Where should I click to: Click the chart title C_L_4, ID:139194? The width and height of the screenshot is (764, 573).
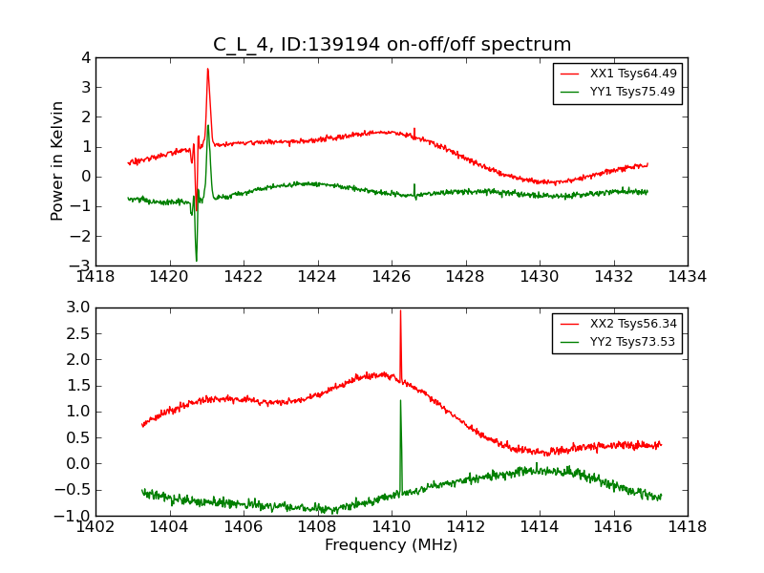(x=392, y=45)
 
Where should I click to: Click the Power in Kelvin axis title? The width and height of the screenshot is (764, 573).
(x=58, y=160)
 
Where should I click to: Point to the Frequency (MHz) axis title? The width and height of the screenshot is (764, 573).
(x=392, y=545)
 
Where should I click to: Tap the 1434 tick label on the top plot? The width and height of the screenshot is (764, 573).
(x=687, y=277)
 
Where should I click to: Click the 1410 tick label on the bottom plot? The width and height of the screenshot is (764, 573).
(x=392, y=526)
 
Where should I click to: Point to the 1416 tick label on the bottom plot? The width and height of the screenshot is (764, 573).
(x=613, y=526)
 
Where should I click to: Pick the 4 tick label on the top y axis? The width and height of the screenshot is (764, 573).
(x=86, y=58)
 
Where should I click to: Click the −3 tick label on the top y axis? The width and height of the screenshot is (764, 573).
(x=82, y=265)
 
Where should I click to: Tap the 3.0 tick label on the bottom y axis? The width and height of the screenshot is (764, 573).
(x=78, y=308)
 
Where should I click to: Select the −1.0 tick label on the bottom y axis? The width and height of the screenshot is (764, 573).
(x=75, y=516)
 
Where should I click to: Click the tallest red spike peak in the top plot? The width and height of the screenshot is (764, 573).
(x=207, y=69)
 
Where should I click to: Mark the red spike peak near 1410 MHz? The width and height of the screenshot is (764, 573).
(x=400, y=311)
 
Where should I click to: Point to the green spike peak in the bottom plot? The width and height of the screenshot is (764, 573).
(x=400, y=400)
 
